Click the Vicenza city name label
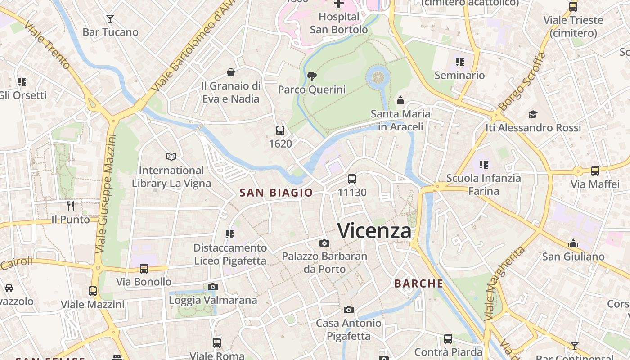[374, 231]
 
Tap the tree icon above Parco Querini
[311, 76]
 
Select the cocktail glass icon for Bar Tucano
[110, 19]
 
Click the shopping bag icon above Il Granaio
[231, 72]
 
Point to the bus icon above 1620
[280, 130]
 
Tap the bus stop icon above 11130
[352, 179]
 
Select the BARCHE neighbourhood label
[418, 284]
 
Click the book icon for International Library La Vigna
[171, 157]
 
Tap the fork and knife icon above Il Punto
[71, 206]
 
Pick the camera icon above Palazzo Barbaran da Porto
[324, 243]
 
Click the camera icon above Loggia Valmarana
[213, 287]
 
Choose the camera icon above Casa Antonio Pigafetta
[348, 310]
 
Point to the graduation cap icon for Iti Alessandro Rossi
[533, 114]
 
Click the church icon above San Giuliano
[573, 243]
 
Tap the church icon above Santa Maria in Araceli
[400, 100]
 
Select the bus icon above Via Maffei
[595, 171]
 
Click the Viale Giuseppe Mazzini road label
[107, 193]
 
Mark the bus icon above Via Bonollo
[144, 269]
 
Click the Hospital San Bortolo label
[339, 23]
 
